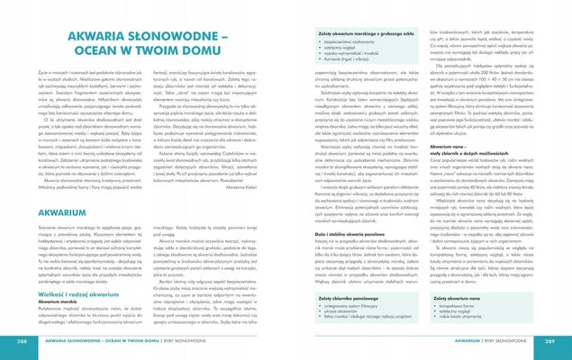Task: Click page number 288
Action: pos(21,343)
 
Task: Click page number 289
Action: pos(550,343)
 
